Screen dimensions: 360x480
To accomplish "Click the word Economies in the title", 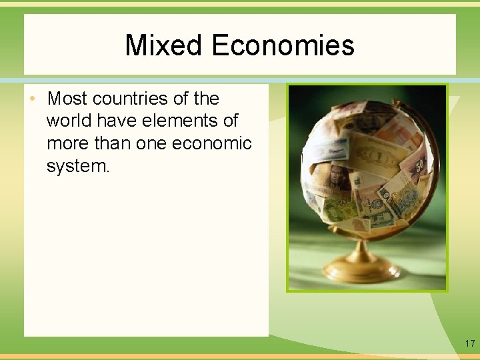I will pos(283,45).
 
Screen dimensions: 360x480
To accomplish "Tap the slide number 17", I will pos(470,344).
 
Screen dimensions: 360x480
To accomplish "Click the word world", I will pos(69,121).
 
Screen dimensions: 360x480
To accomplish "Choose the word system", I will pos(78,167).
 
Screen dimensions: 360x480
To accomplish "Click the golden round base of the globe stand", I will pos(362,270).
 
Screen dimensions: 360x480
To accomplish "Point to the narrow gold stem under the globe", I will pos(362,249).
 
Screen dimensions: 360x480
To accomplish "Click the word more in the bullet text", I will pos(67,144).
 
